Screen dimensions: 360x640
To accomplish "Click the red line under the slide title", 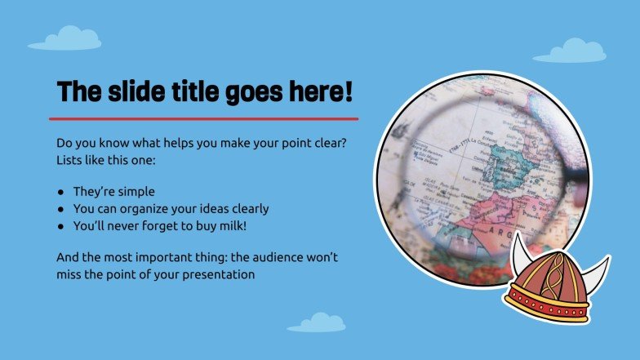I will click(x=203, y=118).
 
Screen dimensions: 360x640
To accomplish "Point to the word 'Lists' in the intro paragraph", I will click(x=71, y=159).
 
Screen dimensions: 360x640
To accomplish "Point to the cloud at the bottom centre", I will click(x=316, y=322).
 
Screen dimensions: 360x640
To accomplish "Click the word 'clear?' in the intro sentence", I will click(x=330, y=143).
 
